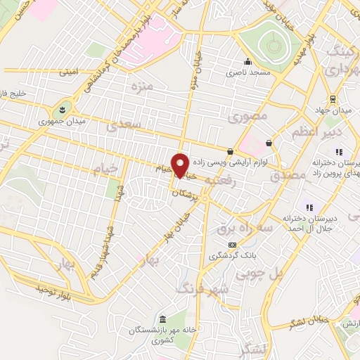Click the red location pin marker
(181, 165)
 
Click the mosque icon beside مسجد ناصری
(247, 60)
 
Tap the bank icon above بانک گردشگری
(232, 244)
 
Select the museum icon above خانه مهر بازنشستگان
(163, 319)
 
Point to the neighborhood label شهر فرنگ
(193, 288)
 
